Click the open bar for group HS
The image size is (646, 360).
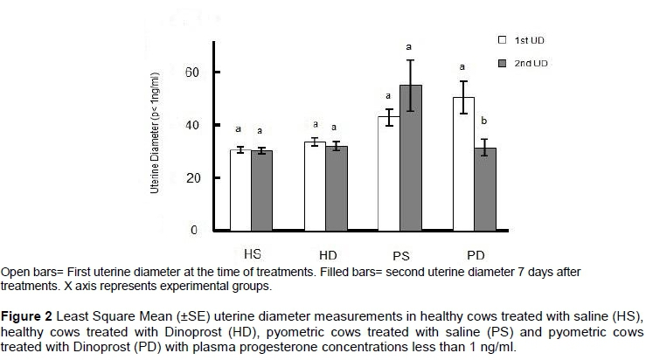click(x=240, y=190)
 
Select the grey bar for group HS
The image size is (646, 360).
click(x=261, y=190)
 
